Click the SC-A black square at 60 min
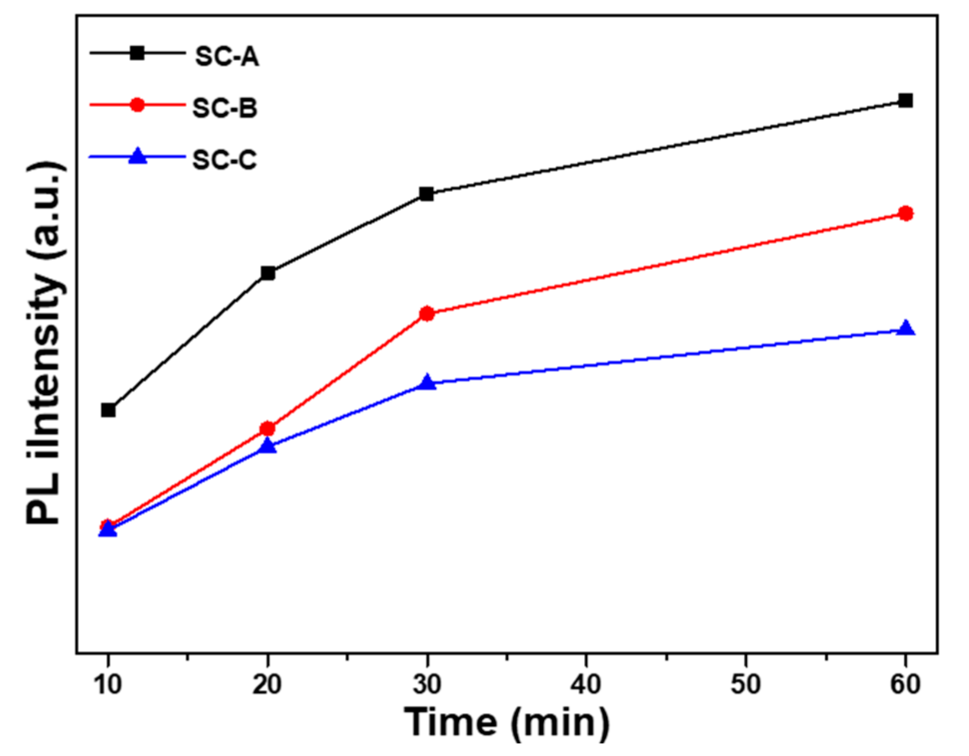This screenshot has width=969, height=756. [905, 101]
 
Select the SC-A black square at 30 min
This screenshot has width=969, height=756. [426, 194]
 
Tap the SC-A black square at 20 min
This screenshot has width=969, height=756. [268, 273]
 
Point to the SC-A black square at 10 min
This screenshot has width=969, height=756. [108, 410]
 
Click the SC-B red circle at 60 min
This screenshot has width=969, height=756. [905, 214]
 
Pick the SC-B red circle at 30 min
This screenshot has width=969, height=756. [426, 314]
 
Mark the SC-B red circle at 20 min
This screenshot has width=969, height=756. [268, 429]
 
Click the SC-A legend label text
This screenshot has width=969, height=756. [227, 56]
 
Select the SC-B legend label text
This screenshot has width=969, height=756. [225, 108]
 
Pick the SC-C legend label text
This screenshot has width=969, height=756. [224, 160]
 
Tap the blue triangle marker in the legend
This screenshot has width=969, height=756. [137, 157]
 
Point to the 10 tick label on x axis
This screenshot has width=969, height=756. [108, 684]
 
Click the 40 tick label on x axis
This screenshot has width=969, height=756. [586, 684]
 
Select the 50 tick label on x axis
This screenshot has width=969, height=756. [745, 684]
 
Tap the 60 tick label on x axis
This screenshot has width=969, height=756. [905, 684]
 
